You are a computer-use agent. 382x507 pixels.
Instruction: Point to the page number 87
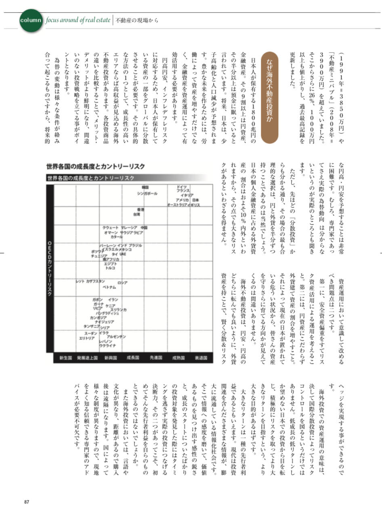(27, 501)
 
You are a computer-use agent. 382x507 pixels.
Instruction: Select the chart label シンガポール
(147, 194)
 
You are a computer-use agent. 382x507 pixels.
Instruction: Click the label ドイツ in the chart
(181, 187)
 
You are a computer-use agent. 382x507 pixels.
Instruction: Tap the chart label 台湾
(136, 214)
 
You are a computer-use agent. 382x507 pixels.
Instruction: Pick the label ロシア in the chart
(122, 283)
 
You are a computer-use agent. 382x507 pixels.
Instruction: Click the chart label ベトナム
(109, 287)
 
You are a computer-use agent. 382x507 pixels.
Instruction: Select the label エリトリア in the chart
(87, 338)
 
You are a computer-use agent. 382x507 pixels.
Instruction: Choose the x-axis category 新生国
(65, 358)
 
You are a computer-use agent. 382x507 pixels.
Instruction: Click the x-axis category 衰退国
(201, 358)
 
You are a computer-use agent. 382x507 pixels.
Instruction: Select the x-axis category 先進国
(155, 358)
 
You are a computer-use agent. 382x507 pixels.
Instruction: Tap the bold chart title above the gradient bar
(95, 166)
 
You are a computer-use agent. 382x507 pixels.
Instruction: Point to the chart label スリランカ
(118, 309)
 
